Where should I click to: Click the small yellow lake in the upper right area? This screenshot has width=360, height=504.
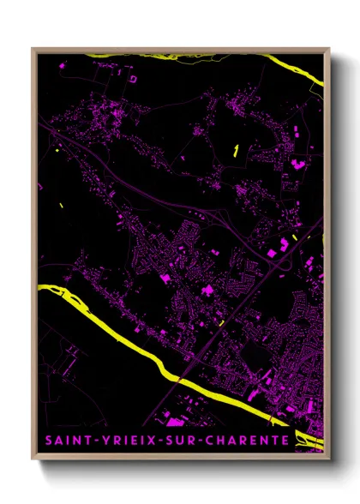click(x=236, y=152)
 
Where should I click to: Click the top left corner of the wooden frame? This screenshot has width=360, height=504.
click(x=33, y=49)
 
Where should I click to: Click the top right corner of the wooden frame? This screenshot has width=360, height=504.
click(x=329, y=49)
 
